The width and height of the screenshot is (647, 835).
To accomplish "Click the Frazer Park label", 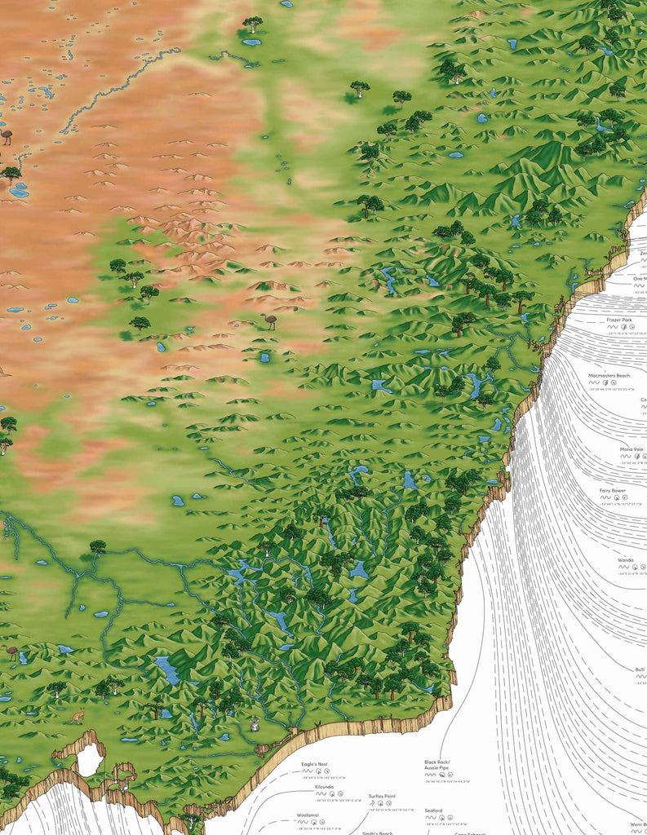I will (621, 320).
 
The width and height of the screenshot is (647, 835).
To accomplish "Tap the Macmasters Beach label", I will (609, 376).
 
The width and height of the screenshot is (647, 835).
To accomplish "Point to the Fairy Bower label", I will (612, 491).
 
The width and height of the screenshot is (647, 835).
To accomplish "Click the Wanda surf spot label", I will (625, 560).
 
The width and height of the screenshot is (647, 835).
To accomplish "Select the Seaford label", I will (433, 811).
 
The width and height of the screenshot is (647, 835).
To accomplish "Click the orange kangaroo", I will (77, 717).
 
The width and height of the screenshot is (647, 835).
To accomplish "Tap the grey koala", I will (255, 724).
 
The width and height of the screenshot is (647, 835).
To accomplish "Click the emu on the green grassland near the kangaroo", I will (11, 652).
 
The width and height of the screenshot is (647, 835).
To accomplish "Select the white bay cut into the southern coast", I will (89, 760).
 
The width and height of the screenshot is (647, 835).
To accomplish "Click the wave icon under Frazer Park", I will (610, 328).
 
